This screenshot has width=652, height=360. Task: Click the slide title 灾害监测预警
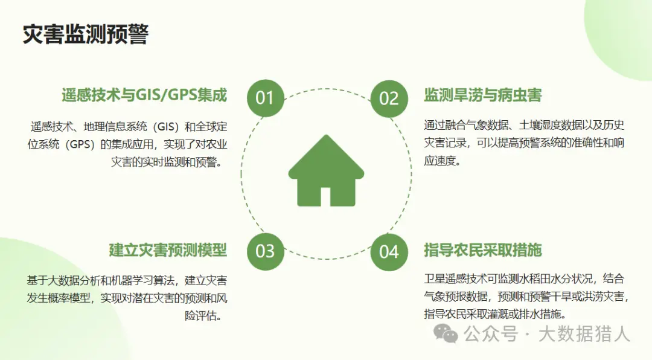85,34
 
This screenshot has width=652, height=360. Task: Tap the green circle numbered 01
265,98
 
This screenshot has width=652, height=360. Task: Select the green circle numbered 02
389,98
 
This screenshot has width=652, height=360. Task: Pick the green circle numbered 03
265,251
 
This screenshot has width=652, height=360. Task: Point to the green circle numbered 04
389,252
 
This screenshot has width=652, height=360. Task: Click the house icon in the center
326,170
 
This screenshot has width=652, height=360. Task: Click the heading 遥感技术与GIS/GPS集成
144,95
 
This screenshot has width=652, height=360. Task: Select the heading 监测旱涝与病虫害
483,95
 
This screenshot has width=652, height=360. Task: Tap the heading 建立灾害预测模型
168,250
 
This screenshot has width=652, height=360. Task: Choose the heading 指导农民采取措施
483,250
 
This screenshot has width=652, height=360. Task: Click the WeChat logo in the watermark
446,333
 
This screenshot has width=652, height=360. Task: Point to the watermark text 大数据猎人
584,334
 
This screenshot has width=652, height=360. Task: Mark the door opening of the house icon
325,196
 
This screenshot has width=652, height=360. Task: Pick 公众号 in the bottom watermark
491,334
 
